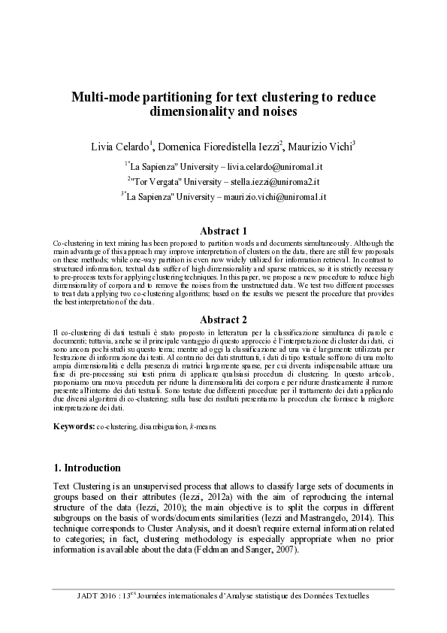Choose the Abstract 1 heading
coord(223,231)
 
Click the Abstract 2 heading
coord(223,319)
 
